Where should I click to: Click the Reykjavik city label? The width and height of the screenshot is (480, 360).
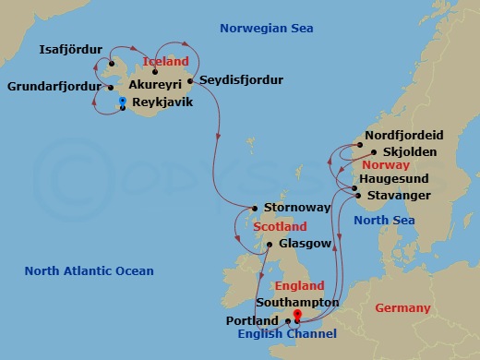click(162, 102)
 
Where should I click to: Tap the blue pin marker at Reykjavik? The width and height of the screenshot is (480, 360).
click(123, 102)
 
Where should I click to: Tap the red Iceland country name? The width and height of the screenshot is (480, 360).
click(166, 61)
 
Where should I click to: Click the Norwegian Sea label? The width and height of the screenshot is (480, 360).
click(267, 29)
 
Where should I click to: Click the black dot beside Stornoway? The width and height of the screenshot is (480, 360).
click(255, 208)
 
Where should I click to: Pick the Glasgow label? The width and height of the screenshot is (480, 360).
click(298, 244)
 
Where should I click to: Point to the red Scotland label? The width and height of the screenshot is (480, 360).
click(280, 226)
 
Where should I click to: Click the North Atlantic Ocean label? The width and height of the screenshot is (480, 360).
click(90, 270)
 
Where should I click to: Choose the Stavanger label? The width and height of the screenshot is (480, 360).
click(399, 196)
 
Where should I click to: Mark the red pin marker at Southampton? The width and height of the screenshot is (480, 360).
click(297, 316)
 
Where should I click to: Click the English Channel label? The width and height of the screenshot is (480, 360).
click(287, 334)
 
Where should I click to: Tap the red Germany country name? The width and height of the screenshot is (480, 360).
click(403, 307)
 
